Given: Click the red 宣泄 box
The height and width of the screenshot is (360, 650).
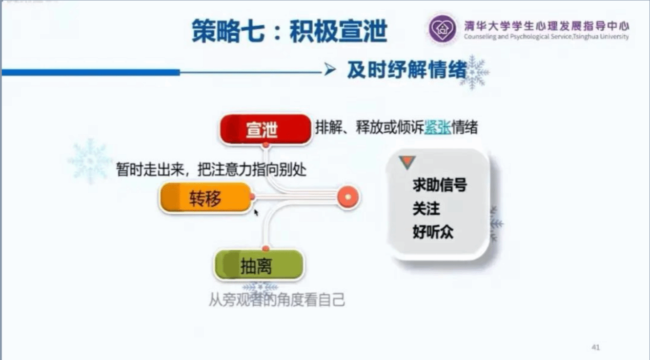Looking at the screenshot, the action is [x=266, y=129].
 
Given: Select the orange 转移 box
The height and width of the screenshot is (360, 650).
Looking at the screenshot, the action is [x=205, y=197].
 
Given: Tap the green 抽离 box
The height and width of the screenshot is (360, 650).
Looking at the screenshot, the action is [x=259, y=265].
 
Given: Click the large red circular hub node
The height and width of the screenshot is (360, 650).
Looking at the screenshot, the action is [x=348, y=197].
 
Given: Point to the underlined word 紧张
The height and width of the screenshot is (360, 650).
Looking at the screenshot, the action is [x=438, y=128].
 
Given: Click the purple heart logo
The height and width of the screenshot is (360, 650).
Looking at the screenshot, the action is [x=442, y=29].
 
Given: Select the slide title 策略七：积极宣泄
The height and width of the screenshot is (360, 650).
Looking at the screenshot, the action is [x=289, y=31].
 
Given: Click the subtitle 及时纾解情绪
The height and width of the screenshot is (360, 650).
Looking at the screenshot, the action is [x=407, y=70].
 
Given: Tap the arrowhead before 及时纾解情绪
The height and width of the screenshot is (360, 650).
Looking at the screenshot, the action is [x=330, y=69].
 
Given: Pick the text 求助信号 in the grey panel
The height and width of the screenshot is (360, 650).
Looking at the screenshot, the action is [x=440, y=185].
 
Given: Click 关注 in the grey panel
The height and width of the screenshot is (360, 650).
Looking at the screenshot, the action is [x=426, y=208].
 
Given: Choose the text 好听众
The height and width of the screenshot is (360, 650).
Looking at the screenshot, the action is [x=433, y=232].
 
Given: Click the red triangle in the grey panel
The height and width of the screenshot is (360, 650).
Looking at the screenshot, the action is [x=407, y=162].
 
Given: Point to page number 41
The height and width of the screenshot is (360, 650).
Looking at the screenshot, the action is [x=596, y=347].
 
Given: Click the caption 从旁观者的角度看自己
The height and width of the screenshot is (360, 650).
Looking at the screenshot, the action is [x=277, y=300].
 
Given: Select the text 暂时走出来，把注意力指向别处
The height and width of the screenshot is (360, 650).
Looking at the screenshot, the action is [x=211, y=170].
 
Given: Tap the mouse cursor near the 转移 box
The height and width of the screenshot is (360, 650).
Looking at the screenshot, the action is [x=256, y=213].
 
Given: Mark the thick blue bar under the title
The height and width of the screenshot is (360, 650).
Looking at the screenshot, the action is [x=91, y=72].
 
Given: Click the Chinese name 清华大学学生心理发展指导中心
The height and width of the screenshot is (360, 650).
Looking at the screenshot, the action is [x=546, y=26].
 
